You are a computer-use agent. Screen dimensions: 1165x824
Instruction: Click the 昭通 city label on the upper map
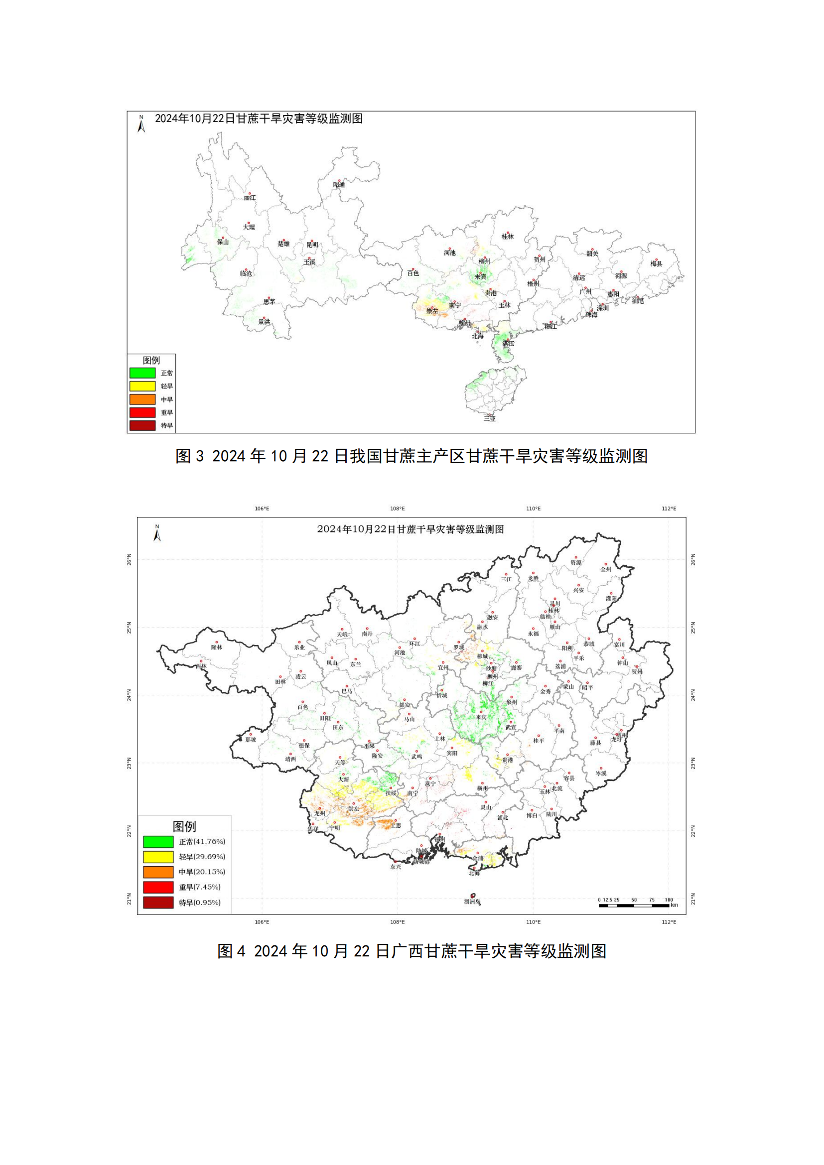tap(339, 184)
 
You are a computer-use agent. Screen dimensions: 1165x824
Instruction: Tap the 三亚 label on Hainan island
tap(490, 418)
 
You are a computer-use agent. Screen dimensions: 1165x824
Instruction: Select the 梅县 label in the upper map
tap(657, 263)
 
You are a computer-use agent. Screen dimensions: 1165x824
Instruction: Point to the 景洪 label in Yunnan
tap(265, 322)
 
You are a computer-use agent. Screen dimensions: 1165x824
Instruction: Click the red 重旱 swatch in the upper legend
tap(142, 412)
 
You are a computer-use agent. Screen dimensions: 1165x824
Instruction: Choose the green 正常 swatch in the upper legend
tap(142, 373)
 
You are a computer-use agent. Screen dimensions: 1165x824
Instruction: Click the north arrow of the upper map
tap(141, 124)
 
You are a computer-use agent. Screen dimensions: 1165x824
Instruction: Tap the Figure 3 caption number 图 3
tap(189, 456)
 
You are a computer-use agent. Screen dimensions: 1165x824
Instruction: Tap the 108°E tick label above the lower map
tap(397, 509)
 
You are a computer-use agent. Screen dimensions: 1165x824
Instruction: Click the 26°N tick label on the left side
tap(130, 560)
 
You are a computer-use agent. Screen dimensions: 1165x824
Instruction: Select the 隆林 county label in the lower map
tap(217, 647)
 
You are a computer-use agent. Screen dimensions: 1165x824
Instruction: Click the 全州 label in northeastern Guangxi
tap(606, 569)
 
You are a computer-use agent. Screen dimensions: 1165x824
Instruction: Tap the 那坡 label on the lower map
tap(251, 740)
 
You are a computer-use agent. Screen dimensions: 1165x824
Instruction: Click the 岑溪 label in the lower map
tap(601, 774)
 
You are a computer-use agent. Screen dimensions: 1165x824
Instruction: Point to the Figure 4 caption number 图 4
tap(231, 951)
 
